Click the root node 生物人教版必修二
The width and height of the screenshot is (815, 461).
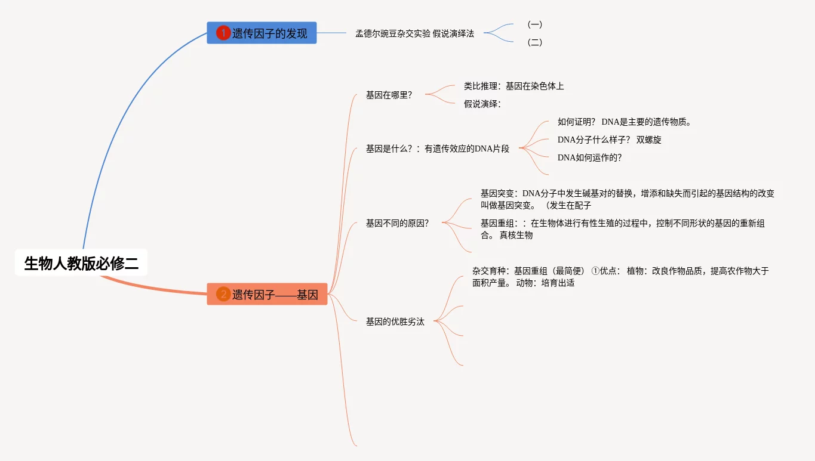click(81, 263)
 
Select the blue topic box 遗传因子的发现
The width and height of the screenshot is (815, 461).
click(262, 33)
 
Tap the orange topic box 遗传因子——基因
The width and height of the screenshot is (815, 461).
click(267, 294)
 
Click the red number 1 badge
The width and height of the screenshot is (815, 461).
click(223, 33)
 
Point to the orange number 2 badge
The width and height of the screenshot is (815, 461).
click(223, 294)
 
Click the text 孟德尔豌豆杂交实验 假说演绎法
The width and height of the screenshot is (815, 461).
click(414, 34)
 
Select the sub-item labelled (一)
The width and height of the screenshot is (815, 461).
click(534, 24)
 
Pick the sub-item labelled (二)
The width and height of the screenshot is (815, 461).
click(534, 42)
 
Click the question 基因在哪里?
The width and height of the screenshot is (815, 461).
click(389, 95)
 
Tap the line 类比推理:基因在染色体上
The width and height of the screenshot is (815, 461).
click(513, 86)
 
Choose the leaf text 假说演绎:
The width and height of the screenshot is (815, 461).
click(482, 104)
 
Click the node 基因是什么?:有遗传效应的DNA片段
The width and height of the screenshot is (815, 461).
click(437, 148)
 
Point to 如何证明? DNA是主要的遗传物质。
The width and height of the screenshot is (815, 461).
click(624, 122)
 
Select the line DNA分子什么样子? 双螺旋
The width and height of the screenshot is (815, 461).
click(609, 140)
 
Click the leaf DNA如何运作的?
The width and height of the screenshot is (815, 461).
click(589, 157)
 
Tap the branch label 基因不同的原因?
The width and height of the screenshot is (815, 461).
click(397, 223)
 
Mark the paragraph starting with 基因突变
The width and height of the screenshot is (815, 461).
click(627, 199)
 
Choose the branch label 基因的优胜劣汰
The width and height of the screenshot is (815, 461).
click(395, 321)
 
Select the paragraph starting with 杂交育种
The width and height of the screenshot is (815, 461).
click(620, 277)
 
